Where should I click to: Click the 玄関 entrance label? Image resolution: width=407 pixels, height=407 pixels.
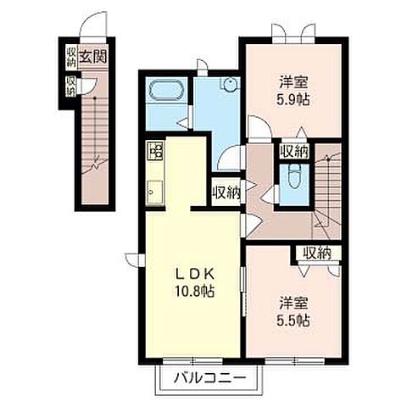pyautogui.click(x=93, y=58)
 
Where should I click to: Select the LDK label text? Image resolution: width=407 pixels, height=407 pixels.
pyautogui.click(x=194, y=274)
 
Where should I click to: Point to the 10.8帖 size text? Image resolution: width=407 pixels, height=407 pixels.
pyautogui.click(x=194, y=291)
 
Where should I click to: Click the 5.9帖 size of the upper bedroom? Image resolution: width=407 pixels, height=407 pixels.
pyautogui.click(x=293, y=100)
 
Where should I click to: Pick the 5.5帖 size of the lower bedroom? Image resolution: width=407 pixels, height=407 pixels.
pyautogui.click(x=293, y=321)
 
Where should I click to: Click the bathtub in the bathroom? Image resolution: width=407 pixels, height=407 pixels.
pyautogui.click(x=166, y=90)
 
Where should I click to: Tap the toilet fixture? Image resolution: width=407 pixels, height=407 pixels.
pyautogui.click(x=293, y=176)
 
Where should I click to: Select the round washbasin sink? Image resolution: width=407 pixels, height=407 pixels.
pyautogui.click(x=231, y=84)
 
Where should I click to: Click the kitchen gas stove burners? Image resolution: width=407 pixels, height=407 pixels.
pyautogui.click(x=154, y=150)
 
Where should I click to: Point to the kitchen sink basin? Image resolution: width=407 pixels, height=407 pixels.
pyautogui.click(x=154, y=192)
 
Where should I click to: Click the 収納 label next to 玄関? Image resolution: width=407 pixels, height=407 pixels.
pyautogui.click(x=71, y=58)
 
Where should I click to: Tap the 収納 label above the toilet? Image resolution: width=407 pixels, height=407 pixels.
pyautogui.click(x=293, y=152)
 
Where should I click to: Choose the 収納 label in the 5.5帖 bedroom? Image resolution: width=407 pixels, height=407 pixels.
pyautogui.click(x=317, y=254)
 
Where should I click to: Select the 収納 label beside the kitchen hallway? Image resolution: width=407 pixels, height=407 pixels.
pyautogui.click(x=226, y=192)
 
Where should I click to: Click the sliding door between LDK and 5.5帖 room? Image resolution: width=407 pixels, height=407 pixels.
pyautogui.click(x=243, y=291)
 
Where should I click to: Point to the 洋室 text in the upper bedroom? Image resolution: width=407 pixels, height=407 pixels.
pyautogui.click(x=293, y=82)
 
